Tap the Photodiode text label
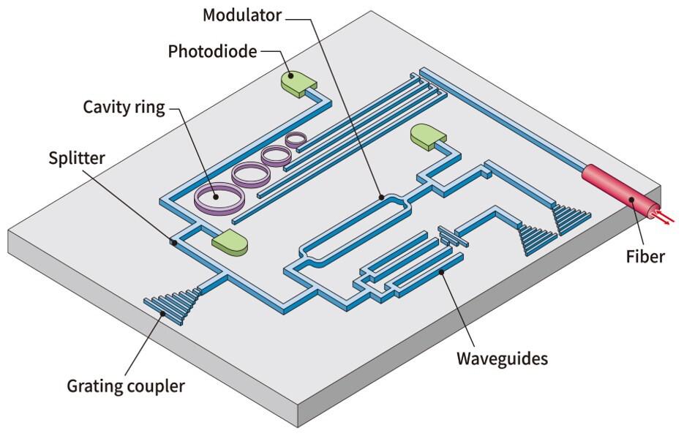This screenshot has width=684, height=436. click(x=212, y=51)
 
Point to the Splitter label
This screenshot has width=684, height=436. click(x=77, y=158)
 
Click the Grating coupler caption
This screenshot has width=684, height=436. click(x=125, y=386)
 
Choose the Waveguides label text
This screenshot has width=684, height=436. click(x=502, y=358)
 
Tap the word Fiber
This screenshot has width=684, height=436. click(x=645, y=256)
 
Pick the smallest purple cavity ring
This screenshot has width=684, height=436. click(x=297, y=138)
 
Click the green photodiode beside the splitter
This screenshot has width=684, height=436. click(x=229, y=243)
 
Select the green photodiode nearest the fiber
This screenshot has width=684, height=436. click(x=428, y=136)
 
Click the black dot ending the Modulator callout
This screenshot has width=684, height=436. click(x=381, y=197)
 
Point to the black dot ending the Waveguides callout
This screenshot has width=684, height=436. click(x=442, y=274)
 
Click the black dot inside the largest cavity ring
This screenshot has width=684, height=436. click(x=216, y=195)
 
